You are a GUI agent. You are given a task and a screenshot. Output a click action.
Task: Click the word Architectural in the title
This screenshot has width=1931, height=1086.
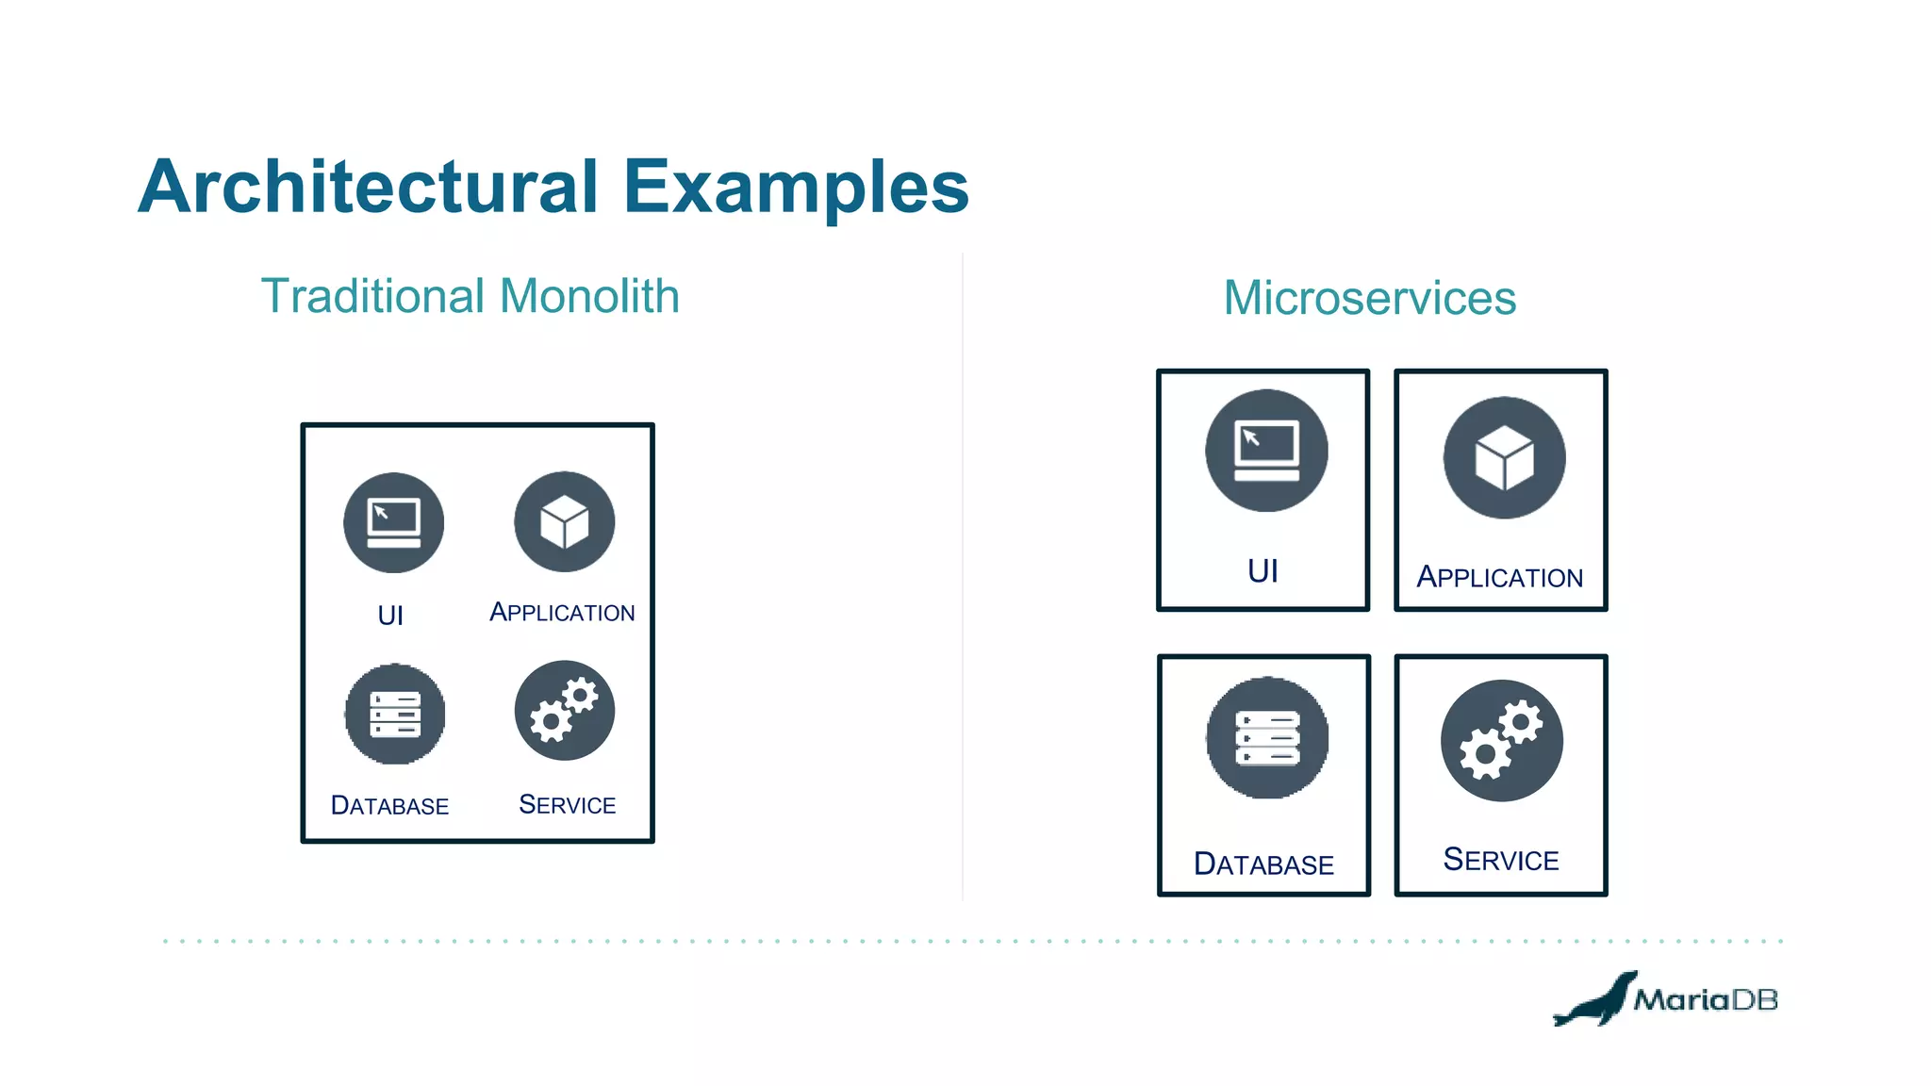tap(368, 187)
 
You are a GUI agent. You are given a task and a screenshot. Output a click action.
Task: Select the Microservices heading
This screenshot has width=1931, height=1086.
tap(1369, 298)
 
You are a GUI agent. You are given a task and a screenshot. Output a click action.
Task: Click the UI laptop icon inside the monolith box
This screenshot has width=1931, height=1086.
tap(394, 522)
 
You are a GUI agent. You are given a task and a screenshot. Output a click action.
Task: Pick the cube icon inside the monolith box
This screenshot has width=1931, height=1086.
tap(564, 521)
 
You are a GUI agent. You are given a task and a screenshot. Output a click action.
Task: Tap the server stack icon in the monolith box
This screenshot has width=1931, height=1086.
tap(394, 714)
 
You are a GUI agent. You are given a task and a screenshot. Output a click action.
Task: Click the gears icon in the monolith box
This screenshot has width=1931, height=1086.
tap(564, 711)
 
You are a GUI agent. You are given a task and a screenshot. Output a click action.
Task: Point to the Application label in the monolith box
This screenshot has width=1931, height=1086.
tap(562, 613)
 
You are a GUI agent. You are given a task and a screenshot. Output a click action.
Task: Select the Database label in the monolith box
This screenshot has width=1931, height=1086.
tap(389, 806)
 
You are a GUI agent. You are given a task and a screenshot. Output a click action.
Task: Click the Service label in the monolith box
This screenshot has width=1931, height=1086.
tap(567, 805)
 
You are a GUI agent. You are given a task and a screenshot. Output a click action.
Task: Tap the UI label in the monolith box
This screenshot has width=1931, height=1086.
tap(390, 616)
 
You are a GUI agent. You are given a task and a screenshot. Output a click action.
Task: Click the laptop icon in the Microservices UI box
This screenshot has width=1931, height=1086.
tap(1266, 451)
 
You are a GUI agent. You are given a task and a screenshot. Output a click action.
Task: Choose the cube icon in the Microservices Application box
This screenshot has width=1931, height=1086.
tap(1504, 458)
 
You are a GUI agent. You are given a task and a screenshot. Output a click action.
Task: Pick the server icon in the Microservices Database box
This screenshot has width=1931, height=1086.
tap(1267, 738)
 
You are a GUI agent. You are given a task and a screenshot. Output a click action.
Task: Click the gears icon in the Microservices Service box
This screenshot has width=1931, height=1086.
tap(1501, 741)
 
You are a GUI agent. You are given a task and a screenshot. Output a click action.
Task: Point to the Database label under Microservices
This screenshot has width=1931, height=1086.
tap(1263, 864)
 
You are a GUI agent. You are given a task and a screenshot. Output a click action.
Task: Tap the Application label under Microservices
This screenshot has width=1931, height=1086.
tap(1500, 577)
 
